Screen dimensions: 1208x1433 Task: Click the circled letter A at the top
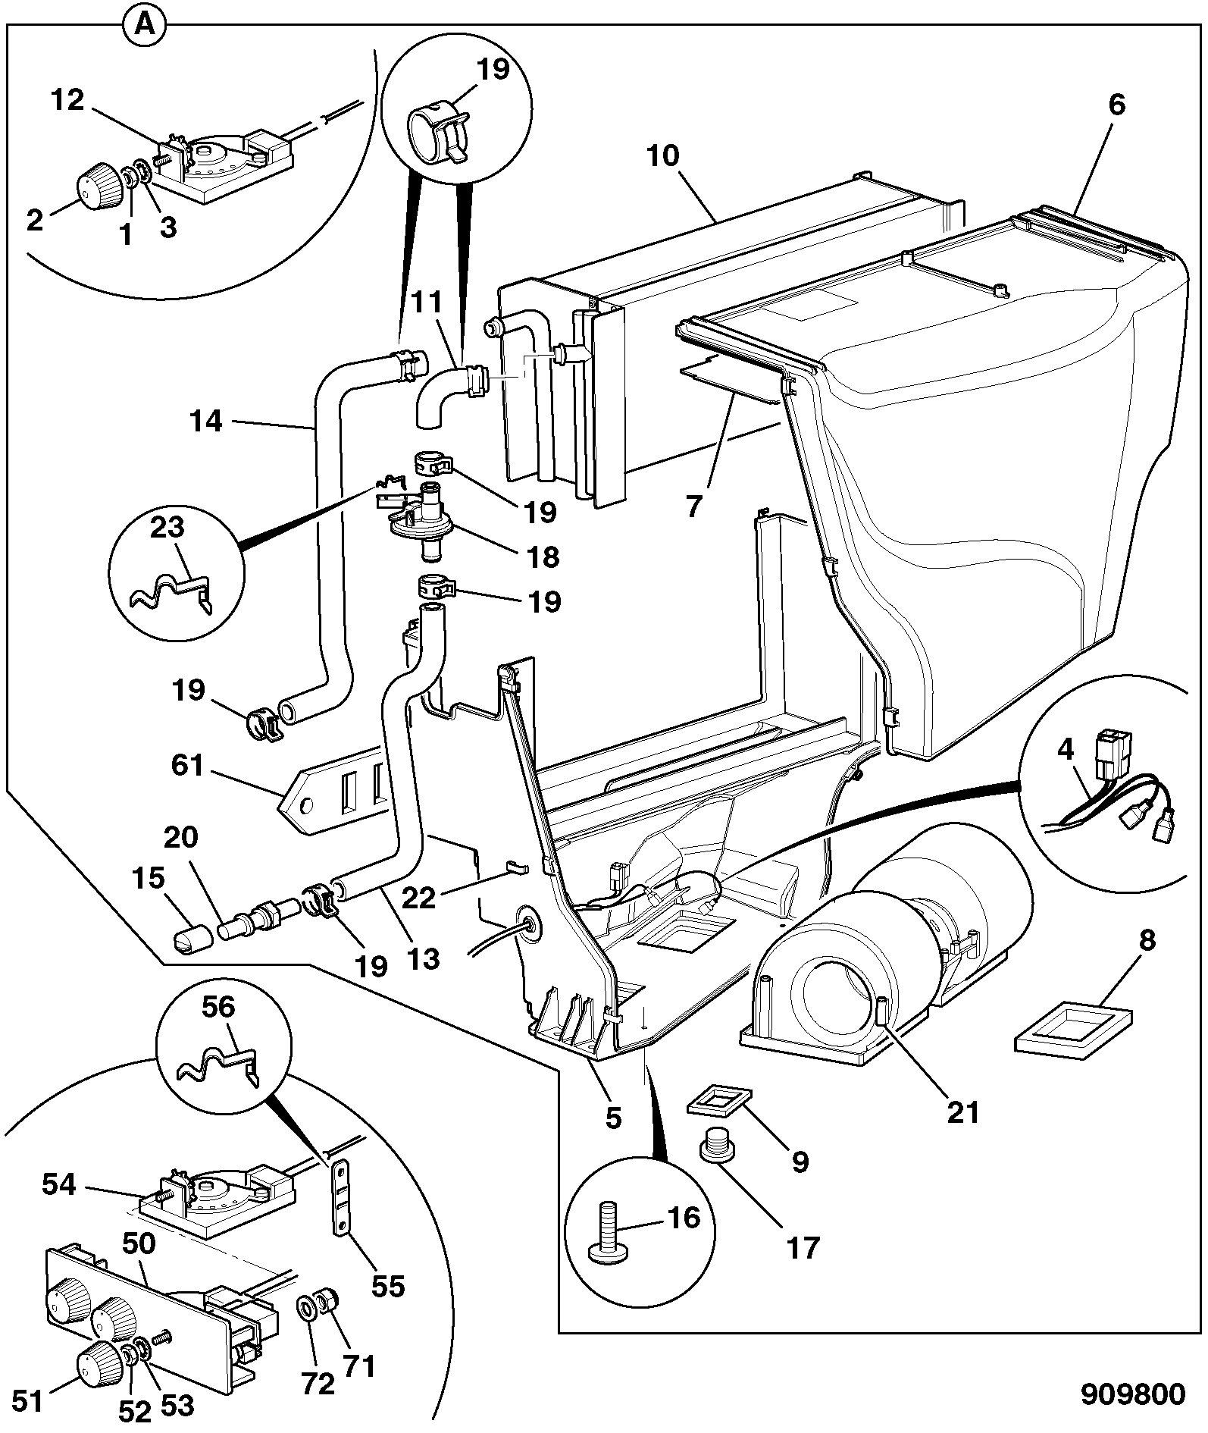[144, 26]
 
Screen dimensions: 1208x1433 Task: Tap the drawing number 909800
[1132, 1394]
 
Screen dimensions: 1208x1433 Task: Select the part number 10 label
[663, 156]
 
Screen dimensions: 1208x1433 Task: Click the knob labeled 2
[99, 187]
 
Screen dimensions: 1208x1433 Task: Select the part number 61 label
[187, 765]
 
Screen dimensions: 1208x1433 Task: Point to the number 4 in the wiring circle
[1066, 750]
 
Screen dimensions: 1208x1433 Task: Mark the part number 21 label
[963, 1112]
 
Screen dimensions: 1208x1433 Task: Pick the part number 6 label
[1116, 105]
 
